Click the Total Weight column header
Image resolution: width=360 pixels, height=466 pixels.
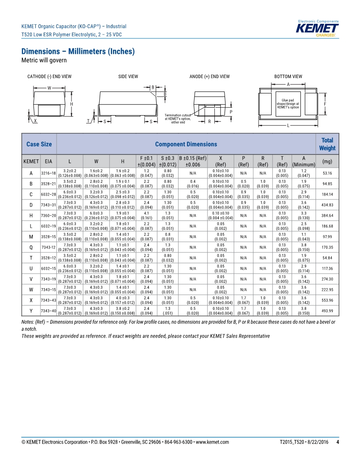pos(327,144)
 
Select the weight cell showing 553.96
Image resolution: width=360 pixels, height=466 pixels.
pos(327,301)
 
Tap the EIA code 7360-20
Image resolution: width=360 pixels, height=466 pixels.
pos(49,216)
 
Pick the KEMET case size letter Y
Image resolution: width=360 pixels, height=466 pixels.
pos(31,311)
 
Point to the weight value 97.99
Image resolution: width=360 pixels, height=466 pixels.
pos(327,237)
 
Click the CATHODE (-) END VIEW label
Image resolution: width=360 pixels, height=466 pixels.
pos(49,77)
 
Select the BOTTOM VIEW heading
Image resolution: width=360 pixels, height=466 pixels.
pos(288,77)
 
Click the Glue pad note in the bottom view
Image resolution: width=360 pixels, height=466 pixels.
pos(288,104)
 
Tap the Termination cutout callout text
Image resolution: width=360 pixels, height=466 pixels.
pos(178,119)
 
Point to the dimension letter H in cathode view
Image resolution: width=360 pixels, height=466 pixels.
pos(71,104)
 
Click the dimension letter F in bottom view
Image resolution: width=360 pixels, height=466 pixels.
pos(325,104)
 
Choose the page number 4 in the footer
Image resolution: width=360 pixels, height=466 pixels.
pos(337,442)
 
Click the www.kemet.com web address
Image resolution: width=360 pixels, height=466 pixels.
pos(212,442)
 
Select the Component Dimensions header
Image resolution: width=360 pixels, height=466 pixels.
pos(186,144)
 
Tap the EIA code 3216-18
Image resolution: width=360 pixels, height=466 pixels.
pos(49,173)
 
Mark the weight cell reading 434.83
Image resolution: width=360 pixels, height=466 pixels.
pos(327,205)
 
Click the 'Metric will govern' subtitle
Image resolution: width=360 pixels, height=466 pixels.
pos(44,60)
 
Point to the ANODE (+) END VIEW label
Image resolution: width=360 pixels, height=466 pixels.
pos(210,77)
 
